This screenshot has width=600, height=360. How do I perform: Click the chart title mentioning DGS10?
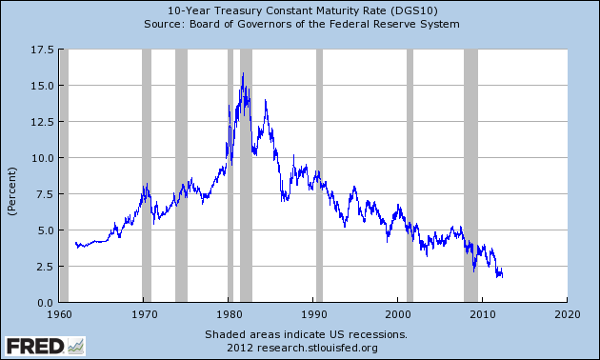click(300, 10)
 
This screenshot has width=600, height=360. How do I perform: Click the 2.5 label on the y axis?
click(42, 267)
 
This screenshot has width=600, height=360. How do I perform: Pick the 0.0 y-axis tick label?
click(42, 303)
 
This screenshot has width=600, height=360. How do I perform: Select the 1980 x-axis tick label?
click(229, 313)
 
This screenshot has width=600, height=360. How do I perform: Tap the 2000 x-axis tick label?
click(398, 313)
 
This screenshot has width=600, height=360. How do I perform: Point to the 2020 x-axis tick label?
click(568, 313)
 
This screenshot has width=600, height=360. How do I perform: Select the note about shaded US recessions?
click(306, 334)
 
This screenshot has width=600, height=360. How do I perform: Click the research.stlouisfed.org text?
click(306, 348)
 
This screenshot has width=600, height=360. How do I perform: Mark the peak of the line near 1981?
click(243, 73)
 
